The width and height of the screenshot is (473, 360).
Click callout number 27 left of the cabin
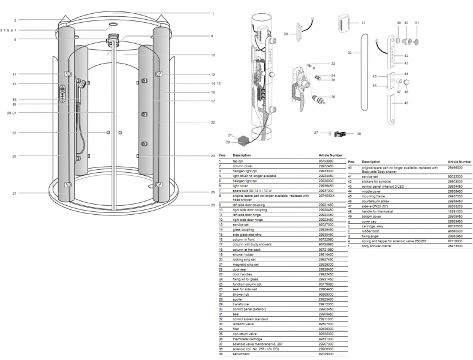14,193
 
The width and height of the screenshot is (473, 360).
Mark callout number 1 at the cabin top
212,13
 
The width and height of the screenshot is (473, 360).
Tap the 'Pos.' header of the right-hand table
351,161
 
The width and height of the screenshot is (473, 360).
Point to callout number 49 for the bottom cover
406,103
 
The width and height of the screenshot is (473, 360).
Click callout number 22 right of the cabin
212,122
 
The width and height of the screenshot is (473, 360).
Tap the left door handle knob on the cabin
107,131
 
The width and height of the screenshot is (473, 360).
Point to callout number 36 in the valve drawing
333,97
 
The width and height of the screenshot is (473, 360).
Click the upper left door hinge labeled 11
67,74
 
